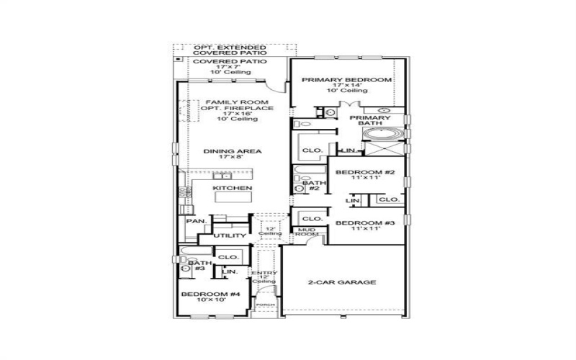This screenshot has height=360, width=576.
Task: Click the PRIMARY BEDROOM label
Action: point(346,79)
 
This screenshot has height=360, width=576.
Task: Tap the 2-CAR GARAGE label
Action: point(341,282)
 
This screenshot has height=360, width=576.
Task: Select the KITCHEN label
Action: point(232,189)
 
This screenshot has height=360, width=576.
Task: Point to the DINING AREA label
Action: point(232,151)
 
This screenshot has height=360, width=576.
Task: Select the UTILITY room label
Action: point(230,235)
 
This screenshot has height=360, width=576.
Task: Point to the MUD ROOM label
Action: point(307,232)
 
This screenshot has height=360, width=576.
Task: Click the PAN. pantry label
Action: point(195,221)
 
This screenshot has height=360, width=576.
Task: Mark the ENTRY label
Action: point(259,274)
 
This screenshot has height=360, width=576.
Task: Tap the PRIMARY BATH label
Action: point(370,120)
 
